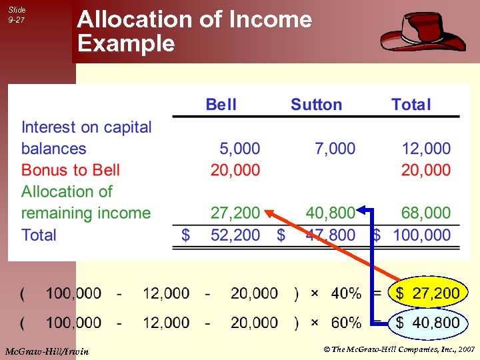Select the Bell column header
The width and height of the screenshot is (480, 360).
click(221, 105)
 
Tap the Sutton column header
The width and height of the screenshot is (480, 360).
click(316, 105)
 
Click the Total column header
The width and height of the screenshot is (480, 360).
click(411, 105)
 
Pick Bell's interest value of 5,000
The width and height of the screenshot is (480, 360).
click(240, 149)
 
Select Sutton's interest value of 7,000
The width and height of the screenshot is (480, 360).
click(336, 149)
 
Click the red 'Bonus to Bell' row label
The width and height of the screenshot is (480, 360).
click(71, 170)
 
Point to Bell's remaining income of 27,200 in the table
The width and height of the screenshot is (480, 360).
click(235, 213)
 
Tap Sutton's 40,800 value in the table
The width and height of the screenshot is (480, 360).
click(331, 213)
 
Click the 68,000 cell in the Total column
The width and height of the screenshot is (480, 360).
click(426, 213)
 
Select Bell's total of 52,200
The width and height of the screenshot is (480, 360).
click(235, 235)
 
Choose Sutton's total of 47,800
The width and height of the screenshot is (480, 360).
click(331, 235)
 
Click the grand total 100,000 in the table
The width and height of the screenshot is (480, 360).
click(421, 235)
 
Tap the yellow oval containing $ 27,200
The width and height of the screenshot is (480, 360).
click(427, 293)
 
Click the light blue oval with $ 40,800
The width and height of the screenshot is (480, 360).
click(427, 323)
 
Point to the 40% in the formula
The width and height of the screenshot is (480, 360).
click(346, 293)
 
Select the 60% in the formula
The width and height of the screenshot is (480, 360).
click(346, 323)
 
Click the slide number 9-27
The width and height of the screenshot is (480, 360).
click(17, 21)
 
